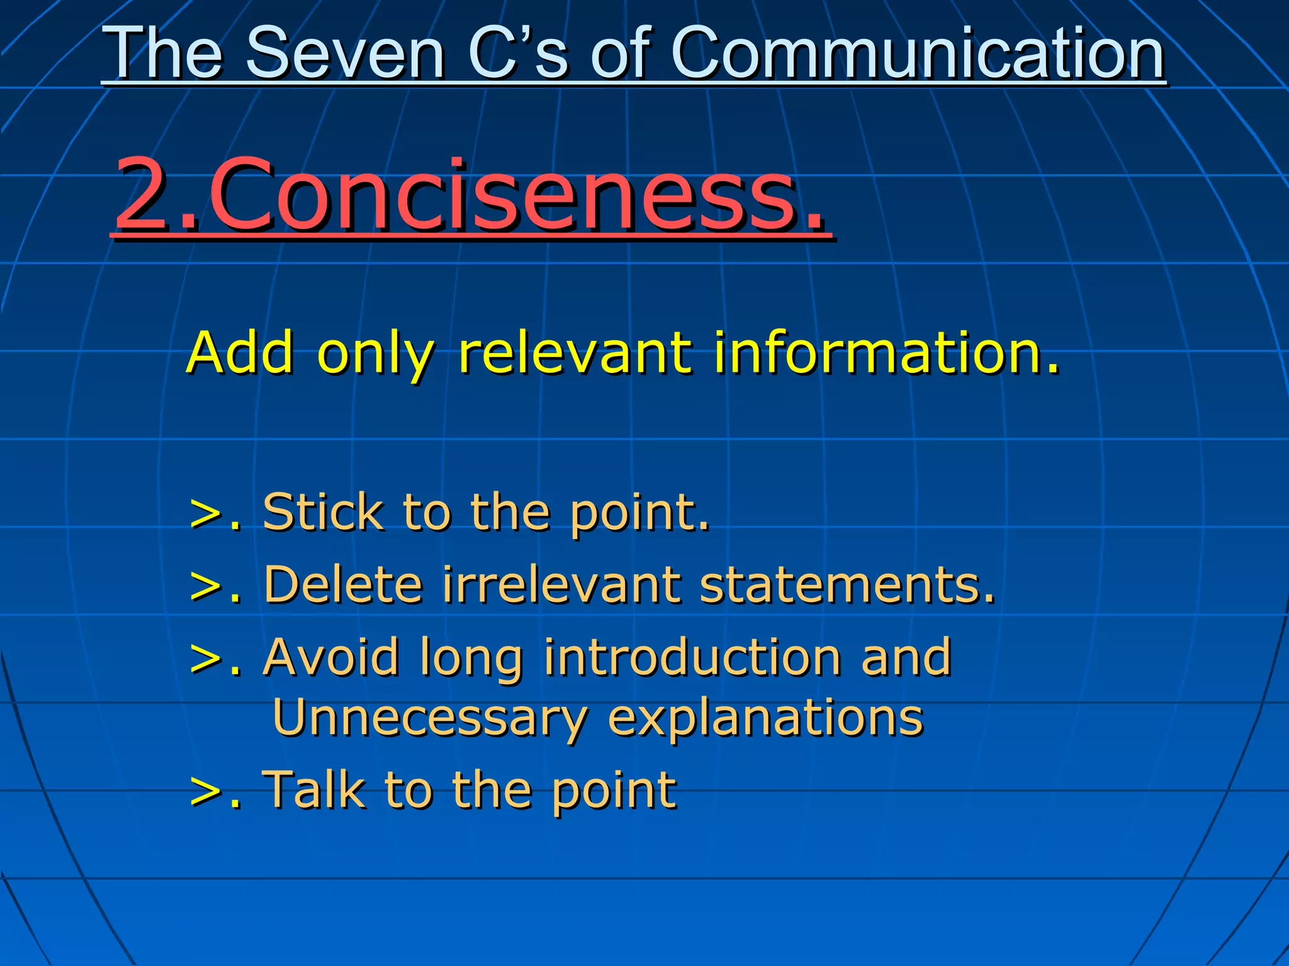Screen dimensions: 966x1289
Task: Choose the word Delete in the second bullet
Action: [343, 584]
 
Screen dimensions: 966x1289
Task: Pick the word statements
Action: [847, 584]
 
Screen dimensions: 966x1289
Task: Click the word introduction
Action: [693, 657]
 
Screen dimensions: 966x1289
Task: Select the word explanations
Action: [765, 718]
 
